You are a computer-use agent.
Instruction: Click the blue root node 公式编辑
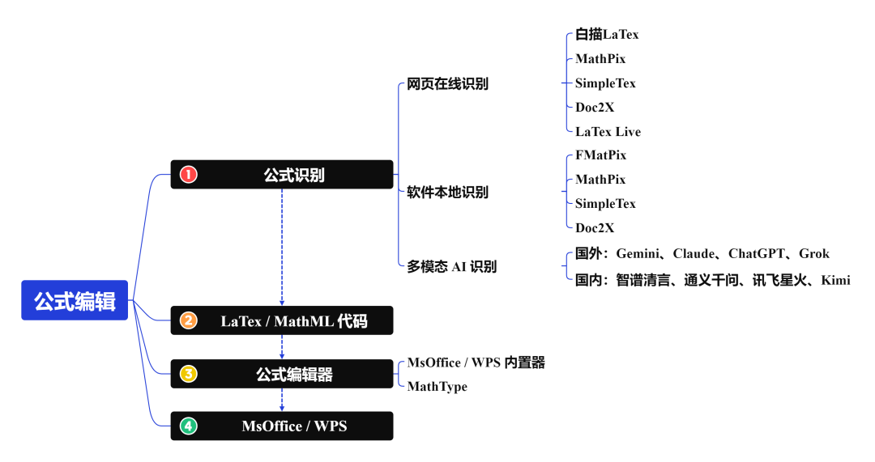75,301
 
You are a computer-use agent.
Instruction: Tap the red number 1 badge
189,175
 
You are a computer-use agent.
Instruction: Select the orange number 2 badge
189,320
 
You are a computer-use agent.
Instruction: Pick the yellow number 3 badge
189,374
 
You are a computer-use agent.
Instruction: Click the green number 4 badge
189,426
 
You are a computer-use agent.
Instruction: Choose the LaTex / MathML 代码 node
293,321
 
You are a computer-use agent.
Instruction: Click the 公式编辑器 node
294,375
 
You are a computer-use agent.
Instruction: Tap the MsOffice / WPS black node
293,426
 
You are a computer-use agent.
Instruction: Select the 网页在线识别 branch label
447,83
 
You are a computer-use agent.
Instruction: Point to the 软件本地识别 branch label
447,193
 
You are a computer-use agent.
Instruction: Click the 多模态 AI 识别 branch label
451,266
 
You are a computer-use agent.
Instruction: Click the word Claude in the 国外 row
694,253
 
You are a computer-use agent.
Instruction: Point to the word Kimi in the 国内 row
835,280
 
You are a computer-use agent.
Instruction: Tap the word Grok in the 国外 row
813,253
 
